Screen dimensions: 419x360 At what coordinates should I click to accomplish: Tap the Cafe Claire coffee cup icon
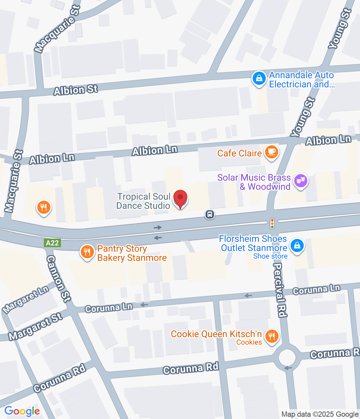click(271, 152)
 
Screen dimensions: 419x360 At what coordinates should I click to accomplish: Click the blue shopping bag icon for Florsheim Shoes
click(297, 246)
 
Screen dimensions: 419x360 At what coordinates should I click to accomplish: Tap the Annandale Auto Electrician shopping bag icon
click(259, 79)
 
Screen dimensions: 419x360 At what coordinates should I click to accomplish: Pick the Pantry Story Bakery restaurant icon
click(87, 252)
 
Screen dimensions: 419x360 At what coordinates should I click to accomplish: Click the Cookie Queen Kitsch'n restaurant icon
click(272, 336)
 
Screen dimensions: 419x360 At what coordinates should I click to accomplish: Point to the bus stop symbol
click(210, 214)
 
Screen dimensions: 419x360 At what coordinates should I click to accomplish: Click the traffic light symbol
click(272, 223)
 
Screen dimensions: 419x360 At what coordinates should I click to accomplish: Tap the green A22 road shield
click(52, 243)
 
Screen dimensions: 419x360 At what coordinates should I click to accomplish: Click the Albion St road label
click(76, 90)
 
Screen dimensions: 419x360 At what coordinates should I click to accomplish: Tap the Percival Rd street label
click(279, 290)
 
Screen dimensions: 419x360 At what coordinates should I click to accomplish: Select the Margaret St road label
click(35, 326)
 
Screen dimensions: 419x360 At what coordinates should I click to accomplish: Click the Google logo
click(22, 411)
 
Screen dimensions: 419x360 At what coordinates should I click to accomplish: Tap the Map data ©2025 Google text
click(320, 414)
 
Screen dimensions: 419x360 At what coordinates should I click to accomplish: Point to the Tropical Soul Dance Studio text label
click(143, 201)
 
